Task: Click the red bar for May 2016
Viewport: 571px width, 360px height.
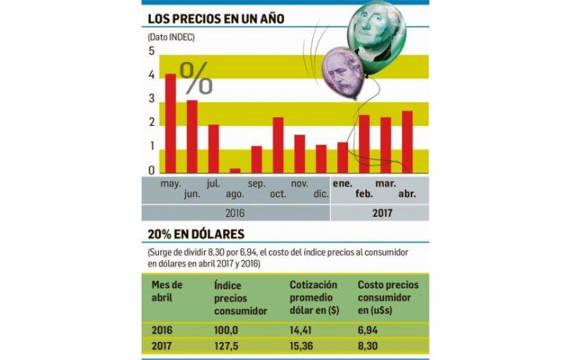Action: pos(170,124)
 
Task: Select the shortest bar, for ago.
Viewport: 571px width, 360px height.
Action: pos(235,170)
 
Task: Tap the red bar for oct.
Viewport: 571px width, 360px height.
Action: pos(278,146)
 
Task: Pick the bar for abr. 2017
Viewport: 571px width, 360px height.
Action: pos(407,142)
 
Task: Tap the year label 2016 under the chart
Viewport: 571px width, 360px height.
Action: pos(235,212)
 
